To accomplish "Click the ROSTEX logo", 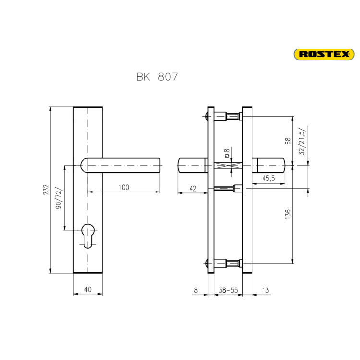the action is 324,54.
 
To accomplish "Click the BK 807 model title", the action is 157,77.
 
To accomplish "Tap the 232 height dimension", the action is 46,190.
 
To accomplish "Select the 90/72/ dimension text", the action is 59,198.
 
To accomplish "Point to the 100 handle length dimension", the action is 124,187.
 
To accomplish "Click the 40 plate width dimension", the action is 88,289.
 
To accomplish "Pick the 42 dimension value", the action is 193,189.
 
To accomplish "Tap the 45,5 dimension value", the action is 268,178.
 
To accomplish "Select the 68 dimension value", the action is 288,141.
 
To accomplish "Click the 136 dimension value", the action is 288,214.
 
